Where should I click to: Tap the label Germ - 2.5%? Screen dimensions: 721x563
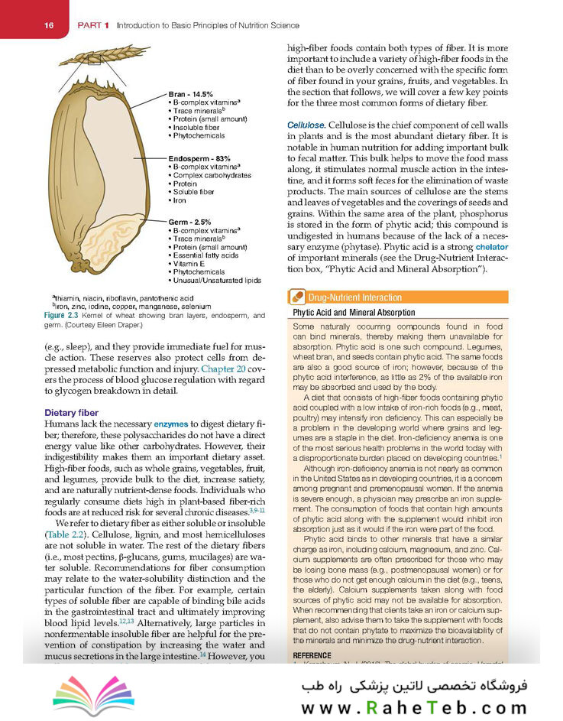tap(189, 222)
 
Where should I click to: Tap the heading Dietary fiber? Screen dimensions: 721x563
tap(71, 414)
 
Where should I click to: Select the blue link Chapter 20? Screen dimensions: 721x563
tap(214, 369)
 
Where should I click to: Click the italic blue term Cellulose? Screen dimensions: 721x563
tap(306, 124)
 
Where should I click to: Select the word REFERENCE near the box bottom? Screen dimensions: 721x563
tap(313, 656)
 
